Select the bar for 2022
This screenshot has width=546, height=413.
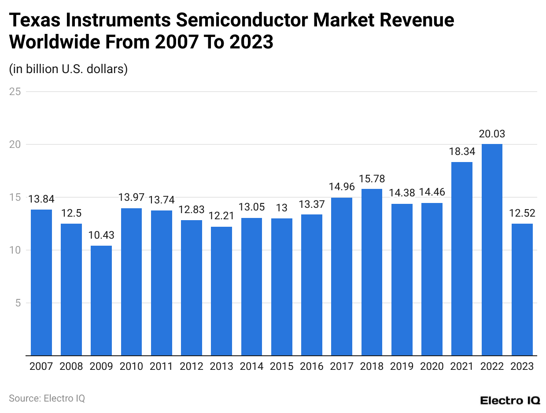[x=492, y=250]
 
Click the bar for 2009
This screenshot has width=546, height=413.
[x=101, y=300]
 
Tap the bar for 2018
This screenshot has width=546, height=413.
[x=372, y=272]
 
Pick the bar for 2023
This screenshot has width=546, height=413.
[x=522, y=289]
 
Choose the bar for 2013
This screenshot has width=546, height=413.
[x=221, y=291]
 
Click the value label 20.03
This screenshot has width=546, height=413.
[x=492, y=134]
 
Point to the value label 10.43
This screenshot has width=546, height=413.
[x=101, y=235]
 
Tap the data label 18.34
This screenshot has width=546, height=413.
[x=462, y=152]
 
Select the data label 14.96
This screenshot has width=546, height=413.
[x=342, y=187]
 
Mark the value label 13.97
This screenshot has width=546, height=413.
[x=131, y=198]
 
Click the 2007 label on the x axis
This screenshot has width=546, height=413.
[x=41, y=366]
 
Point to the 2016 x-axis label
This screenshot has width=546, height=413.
[x=312, y=366]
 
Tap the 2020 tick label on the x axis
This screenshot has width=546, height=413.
[x=432, y=366]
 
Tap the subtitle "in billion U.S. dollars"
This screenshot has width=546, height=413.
[x=68, y=69]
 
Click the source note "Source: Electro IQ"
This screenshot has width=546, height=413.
[x=47, y=398]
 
